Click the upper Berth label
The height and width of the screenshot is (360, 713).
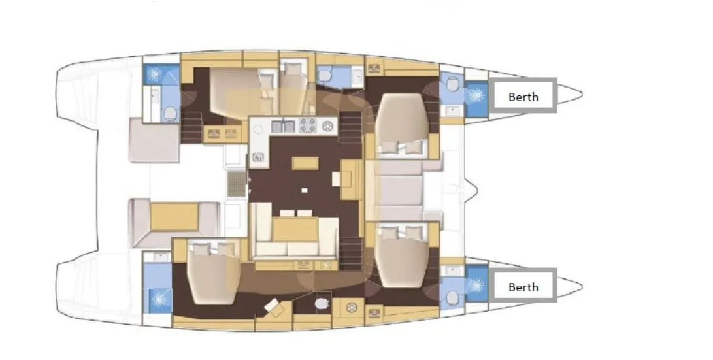coord(523,96)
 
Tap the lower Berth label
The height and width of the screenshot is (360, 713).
coord(523,286)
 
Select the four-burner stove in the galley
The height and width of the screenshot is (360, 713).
coord(308,125)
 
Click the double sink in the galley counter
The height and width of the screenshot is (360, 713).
coord(283,125)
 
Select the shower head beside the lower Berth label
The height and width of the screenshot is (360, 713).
coord(475,286)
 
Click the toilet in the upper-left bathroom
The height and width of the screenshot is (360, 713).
coord(171,114)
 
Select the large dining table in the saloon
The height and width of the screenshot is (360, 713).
coord(295,229)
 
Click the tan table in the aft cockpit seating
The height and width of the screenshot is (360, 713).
coord(174,216)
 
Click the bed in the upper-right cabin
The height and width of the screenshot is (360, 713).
coord(401,125)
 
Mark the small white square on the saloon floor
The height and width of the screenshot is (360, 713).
coord(304,190)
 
